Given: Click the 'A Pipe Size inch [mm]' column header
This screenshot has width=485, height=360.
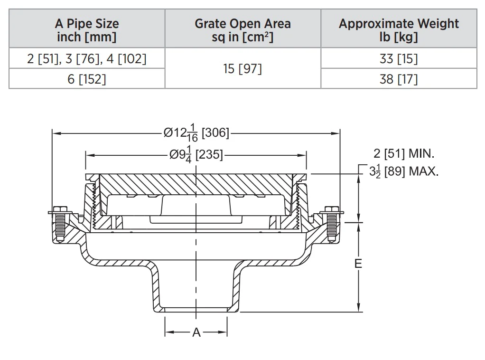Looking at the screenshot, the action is coord(86,30).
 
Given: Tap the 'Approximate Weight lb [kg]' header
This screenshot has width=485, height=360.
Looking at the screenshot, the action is coord(399,30).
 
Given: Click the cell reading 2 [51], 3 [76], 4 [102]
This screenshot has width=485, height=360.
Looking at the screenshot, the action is coord(86,58).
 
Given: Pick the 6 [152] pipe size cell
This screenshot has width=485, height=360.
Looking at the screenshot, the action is coord(86,79).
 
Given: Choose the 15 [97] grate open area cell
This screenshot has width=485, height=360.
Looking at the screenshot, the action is coord(242,69).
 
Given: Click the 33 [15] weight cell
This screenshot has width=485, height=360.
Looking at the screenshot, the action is coord(399,58).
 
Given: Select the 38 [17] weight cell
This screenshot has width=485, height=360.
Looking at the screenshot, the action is coord(399,79).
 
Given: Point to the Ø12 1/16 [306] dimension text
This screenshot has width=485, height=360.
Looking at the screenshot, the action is coord(196,133).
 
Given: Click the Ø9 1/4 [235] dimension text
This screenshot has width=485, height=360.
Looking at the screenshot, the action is coord(196,154).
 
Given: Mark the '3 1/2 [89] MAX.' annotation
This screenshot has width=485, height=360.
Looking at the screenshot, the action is coord(404,171).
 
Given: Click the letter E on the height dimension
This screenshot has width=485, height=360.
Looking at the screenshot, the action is coord(358,264).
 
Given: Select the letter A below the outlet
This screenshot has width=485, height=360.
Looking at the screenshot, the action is coord(196,332).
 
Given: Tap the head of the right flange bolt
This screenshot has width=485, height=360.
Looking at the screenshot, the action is coord(331,209).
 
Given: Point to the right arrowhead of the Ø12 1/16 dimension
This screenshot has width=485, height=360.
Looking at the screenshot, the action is coord(336,133).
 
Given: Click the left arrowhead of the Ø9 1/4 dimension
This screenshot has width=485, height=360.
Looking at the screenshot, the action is coord(90,155).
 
